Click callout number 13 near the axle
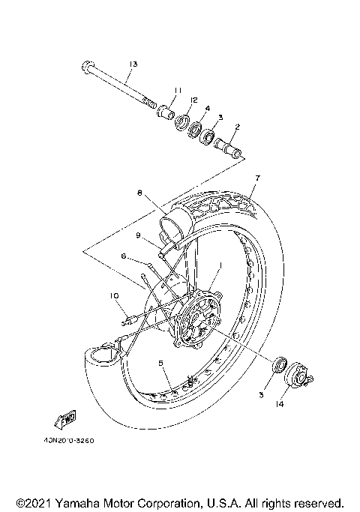[x=133, y=64]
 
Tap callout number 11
[x=178, y=91]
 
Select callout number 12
[x=193, y=100]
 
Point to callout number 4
[x=207, y=108]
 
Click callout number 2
[x=236, y=127]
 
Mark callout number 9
[x=139, y=235]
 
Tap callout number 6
[x=124, y=256]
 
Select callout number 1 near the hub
[x=220, y=265]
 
